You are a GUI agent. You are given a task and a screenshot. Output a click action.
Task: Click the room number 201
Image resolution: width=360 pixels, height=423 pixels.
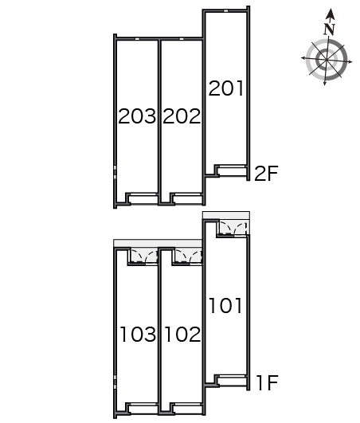[x=226, y=88]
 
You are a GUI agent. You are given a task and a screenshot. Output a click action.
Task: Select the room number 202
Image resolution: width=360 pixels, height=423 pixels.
[x=182, y=116]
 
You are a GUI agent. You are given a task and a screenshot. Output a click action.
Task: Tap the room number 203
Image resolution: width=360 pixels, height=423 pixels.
[x=137, y=116]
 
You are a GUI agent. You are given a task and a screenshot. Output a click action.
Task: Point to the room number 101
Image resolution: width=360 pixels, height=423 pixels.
[x=226, y=306]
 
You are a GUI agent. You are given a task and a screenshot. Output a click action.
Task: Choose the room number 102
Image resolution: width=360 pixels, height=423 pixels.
[x=182, y=335]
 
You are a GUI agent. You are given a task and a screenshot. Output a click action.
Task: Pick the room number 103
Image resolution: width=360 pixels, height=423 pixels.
[x=138, y=335]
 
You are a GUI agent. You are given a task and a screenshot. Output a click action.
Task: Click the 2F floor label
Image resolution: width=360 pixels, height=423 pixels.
[x=266, y=173]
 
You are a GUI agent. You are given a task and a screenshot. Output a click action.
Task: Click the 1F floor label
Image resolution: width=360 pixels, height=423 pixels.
[x=268, y=383]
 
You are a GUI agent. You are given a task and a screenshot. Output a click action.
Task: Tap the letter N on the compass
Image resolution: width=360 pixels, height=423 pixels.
[x=329, y=29]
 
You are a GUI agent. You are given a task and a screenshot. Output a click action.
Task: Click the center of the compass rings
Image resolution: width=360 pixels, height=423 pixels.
[x=327, y=60]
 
